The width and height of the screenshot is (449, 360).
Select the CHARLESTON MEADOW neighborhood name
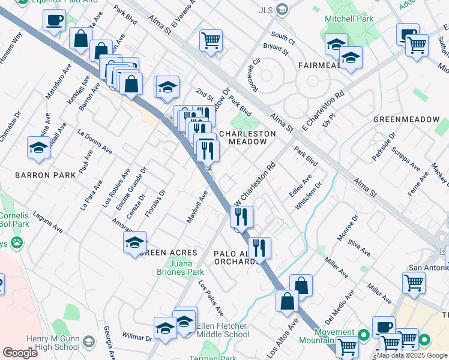(247, 137)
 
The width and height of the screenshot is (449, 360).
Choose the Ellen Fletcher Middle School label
(223, 330)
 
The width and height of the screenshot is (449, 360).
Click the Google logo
(20, 353)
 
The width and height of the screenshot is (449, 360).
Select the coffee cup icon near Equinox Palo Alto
(54, 20)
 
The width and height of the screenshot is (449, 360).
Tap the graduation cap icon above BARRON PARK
(39, 147)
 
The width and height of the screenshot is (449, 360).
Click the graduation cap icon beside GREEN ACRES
(135, 242)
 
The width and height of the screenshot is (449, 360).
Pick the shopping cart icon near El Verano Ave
(211, 40)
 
